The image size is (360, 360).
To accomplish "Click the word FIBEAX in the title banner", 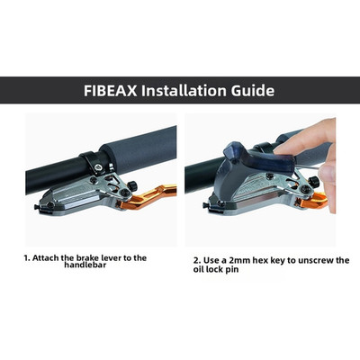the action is (110, 90).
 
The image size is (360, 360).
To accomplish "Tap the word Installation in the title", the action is (184, 90).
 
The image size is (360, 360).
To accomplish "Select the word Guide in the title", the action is (253, 90).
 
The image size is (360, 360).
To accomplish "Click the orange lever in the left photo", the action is (150, 197).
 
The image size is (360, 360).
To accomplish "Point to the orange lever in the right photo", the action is (314, 201).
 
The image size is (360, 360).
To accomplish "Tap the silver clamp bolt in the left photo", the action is (98, 166).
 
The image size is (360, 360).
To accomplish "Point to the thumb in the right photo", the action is (328, 180).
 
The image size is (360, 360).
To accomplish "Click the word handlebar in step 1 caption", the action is (85, 265).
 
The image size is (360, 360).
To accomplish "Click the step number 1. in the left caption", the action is (27, 257).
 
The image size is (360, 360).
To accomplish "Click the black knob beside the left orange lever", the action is (132, 186).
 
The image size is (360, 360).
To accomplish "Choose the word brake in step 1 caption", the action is (86, 257).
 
